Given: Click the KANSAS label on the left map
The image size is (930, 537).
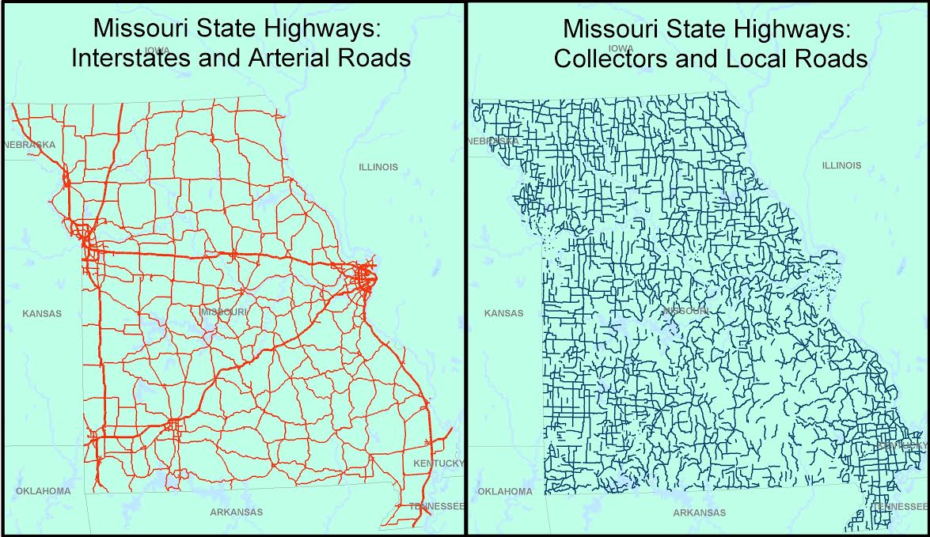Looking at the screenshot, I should (41, 313).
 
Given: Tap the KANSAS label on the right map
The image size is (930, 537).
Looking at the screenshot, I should (503, 313).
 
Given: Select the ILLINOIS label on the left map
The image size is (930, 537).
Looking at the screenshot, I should (378, 167).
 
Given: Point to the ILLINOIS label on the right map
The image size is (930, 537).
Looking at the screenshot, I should (841, 165).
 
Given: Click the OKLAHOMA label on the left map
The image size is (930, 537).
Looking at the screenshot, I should (43, 491).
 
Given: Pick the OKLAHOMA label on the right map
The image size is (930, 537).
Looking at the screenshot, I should (505, 491).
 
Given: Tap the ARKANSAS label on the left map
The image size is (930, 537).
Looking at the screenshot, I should (236, 512).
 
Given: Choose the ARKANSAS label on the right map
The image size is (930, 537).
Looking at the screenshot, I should (699, 512).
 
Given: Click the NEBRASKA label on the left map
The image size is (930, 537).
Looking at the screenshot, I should (29, 145).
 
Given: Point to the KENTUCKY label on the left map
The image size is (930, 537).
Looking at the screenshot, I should (438, 463).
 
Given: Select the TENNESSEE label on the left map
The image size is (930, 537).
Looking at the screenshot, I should (436, 506).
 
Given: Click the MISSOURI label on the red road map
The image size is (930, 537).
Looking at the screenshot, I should (224, 312).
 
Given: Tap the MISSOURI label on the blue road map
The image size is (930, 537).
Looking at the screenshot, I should (685, 311).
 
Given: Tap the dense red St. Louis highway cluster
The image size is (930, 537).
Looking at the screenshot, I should (365, 278).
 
